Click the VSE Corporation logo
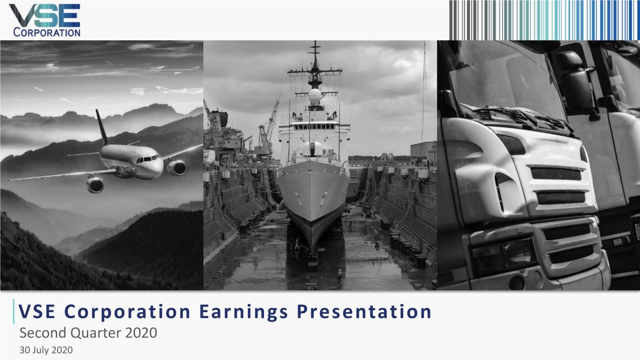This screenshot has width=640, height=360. coord(45,20)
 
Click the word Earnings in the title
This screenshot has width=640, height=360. coord(237,312)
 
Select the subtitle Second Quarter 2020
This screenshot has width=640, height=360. coord(88,333)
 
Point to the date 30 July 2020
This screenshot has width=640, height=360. coord(46,350)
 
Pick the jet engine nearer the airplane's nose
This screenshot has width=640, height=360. coord(177,167)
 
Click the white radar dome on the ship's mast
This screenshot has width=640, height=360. coord(315,96)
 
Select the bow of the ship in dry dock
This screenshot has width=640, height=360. coord(313,197)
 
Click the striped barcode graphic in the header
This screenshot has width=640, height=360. coord(544,20)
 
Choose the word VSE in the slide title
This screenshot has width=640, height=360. coord(33,312)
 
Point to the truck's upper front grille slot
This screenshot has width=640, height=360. coord(556,173)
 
